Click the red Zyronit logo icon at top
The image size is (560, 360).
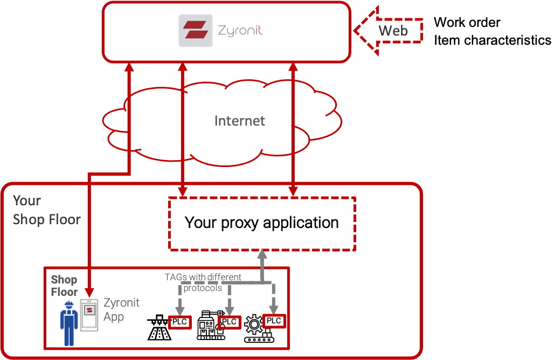click(195, 31)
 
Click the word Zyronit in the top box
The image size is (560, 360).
click(240, 31)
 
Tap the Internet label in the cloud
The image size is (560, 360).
click(239, 121)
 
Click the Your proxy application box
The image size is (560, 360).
click(262, 223)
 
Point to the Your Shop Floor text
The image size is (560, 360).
click(46, 210)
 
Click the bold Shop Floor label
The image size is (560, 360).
click(64, 286)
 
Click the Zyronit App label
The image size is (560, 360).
click(121, 309)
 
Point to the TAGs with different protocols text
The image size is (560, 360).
click(203, 282)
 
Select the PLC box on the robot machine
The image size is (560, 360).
click(229, 322)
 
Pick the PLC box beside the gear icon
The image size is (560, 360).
click(274, 321)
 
